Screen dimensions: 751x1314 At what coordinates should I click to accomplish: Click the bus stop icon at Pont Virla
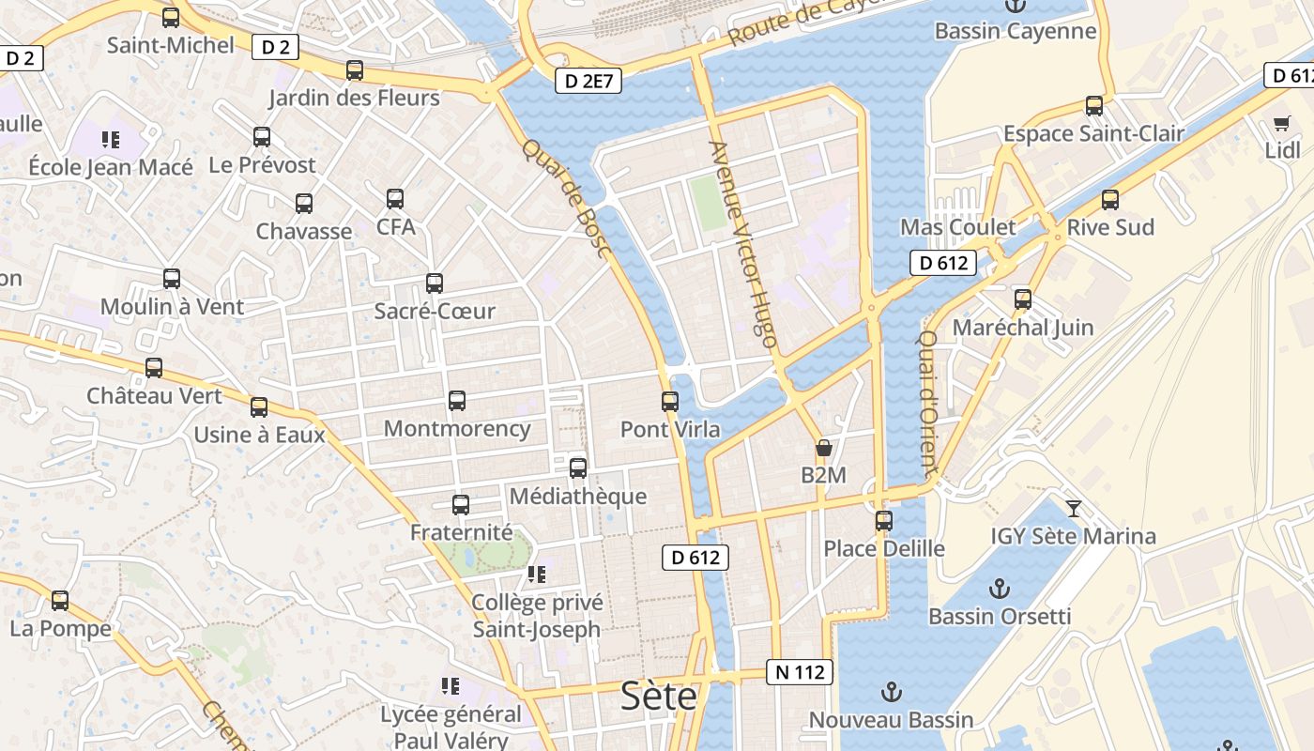click(x=670, y=402)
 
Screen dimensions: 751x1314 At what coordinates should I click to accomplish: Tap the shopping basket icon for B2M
click(x=824, y=448)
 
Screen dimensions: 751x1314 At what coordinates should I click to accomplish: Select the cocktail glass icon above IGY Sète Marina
click(x=1074, y=509)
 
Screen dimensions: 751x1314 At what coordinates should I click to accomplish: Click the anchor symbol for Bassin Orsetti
click(x=1000, y=590)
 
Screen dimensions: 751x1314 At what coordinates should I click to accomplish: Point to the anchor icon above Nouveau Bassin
click(x=891, y=693)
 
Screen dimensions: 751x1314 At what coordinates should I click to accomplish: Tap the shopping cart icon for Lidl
click(x=1282, y=123)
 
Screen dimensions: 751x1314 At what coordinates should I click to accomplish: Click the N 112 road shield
click(x=800, y=672)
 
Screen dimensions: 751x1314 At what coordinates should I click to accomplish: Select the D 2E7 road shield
click(x=588, y=82)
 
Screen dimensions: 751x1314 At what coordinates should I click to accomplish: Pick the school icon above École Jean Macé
click(x=111, y=140)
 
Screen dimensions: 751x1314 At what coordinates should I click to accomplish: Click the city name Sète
click(x=659, y=697)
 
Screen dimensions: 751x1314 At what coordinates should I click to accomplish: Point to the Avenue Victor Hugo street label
click(x=742, y=244)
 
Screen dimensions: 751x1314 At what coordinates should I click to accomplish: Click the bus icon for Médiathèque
click(x=578, y=468)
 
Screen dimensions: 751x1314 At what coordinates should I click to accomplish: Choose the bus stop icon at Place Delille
click(x=884, y=521)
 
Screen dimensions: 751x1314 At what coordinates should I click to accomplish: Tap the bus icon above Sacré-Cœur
click(x=435, y=284)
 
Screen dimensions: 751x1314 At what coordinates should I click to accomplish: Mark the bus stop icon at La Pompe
click(x=60, y=601)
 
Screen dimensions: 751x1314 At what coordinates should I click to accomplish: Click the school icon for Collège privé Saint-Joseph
click(x=536, y=574)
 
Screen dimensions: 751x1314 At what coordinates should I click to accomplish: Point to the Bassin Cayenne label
click(x=1016, y=31)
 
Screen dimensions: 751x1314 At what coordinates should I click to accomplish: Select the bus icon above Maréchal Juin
click(x=1023, y=300)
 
